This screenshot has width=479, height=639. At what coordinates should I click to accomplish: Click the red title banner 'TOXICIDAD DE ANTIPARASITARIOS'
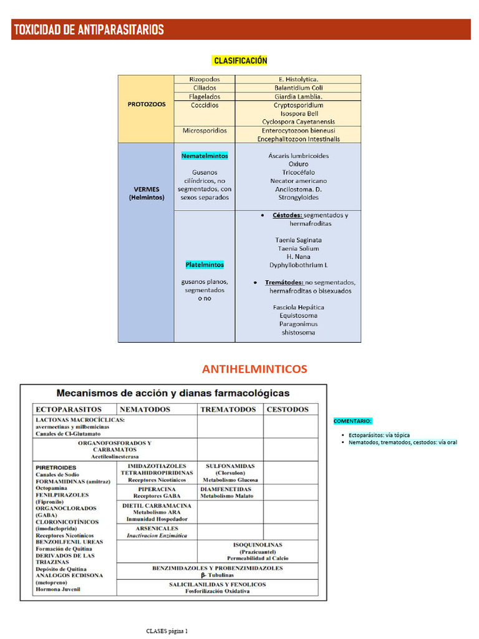point(89,29)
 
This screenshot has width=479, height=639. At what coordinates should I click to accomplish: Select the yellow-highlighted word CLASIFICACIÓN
point(240,61)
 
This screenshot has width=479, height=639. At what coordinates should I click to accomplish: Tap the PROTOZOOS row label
point(147,105)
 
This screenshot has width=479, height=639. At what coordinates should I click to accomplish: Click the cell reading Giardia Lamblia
point(298,97)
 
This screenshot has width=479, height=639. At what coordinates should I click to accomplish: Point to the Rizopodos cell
point(205,79)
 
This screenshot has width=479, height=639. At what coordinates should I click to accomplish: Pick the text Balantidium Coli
point(298,88)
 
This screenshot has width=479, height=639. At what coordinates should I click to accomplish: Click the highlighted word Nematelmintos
point(205,155)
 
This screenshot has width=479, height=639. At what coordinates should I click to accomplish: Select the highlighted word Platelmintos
point(205,265)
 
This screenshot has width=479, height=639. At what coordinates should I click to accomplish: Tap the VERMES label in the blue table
point(147,189)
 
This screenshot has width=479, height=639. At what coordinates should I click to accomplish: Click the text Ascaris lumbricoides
point(299,155)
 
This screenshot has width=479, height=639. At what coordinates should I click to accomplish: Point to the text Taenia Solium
point(299,248)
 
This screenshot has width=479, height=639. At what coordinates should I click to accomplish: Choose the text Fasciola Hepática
point(299,307)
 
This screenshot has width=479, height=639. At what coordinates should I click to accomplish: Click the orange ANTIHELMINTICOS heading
point(254,369)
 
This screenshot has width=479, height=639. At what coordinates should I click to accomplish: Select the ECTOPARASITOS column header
point(69,409)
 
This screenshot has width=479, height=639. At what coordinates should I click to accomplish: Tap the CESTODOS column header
point(288,409)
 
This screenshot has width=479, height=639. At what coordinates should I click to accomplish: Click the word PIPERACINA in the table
point(157,489)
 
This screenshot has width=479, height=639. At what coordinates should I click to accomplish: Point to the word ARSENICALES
point(157,528)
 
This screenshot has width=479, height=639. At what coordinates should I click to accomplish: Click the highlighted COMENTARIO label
point(353,421)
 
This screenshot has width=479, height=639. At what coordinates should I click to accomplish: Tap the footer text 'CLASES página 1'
point(167,631)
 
